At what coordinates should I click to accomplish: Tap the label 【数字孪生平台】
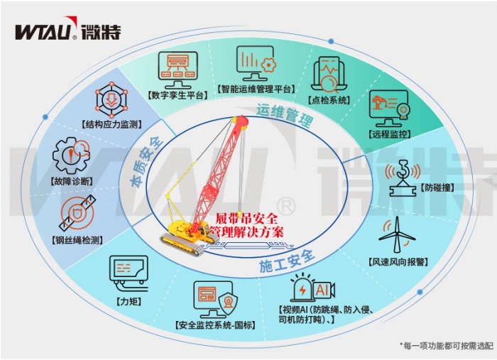point(177,95)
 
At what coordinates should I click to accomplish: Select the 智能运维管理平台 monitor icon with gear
point(256,63)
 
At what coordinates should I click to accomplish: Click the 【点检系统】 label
point(329,100)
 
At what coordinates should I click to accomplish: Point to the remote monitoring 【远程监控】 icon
point(389,109)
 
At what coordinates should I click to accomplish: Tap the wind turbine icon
point(397,235)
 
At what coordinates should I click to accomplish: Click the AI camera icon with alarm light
point(313,288)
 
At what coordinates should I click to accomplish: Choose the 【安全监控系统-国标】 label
point(216,325)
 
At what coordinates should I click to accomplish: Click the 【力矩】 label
point(129,301)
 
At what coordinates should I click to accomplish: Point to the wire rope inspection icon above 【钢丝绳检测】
point(77,212)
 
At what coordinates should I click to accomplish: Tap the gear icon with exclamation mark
point(71,156)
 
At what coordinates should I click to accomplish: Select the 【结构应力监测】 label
point(111,124)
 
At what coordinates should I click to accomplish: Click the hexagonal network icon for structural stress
point(111,98)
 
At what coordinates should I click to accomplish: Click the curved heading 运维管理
point(285,115)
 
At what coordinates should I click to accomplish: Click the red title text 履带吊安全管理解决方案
point(246,225)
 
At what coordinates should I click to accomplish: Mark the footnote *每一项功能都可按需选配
point(447,345)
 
